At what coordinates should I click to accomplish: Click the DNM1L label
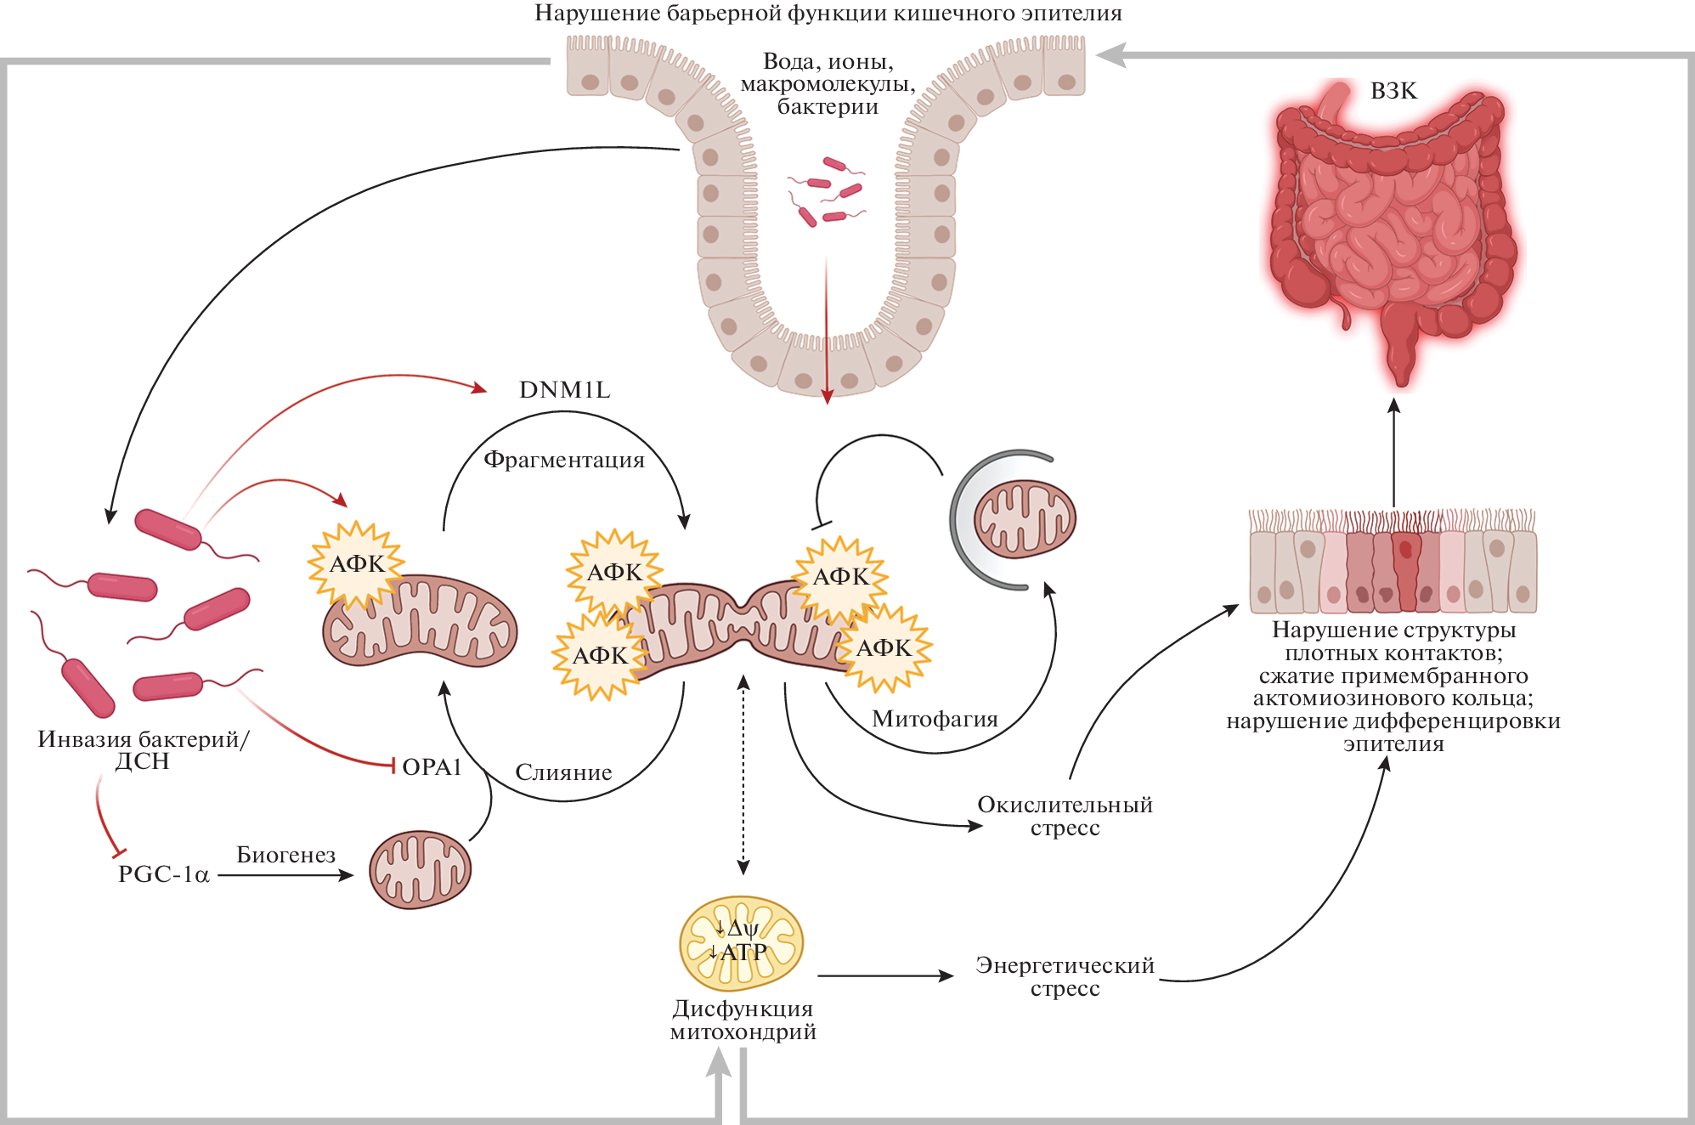tap(564, 390)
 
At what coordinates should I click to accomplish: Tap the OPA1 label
tap(431, 767)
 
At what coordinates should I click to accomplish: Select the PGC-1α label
tap(164, 874)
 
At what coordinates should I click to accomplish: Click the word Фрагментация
tap(564, 460)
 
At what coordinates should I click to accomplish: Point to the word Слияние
tap(563, 772)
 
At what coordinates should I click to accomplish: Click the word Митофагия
tap(935, 719)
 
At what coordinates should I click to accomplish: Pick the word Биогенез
tap(285, 855)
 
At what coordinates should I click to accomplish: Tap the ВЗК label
tap(1393, 91)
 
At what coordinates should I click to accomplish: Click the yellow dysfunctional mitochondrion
tap(741, 943)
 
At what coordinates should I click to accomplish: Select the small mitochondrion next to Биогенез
tap(420, 870)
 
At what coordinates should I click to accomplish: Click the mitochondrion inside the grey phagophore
tap(1024, 519)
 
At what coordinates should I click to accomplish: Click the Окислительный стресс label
tap(1065, 817)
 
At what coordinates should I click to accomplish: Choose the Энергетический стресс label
tap(1065, 977)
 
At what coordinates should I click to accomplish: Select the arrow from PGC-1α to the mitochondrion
tap(285, 875)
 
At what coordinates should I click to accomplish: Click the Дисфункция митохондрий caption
tap(743, 1020)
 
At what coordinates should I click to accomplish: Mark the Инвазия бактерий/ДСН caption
tap(143, 750)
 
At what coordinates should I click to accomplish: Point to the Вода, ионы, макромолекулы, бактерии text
tap(828, 84)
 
